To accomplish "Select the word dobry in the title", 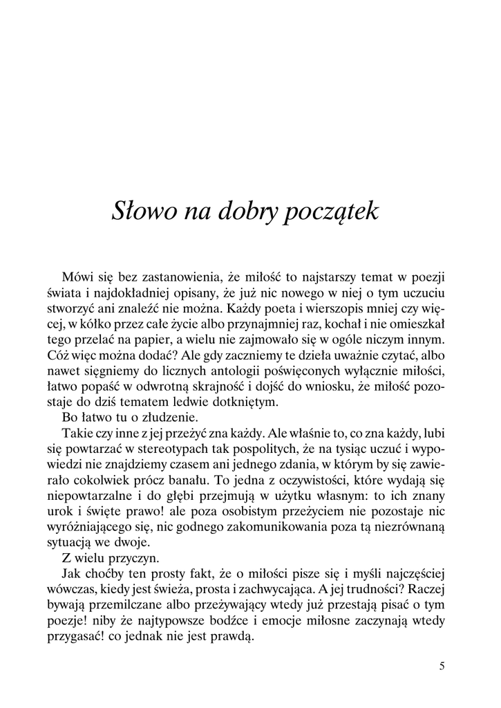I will (242, 212).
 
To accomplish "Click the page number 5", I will (442, 667).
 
